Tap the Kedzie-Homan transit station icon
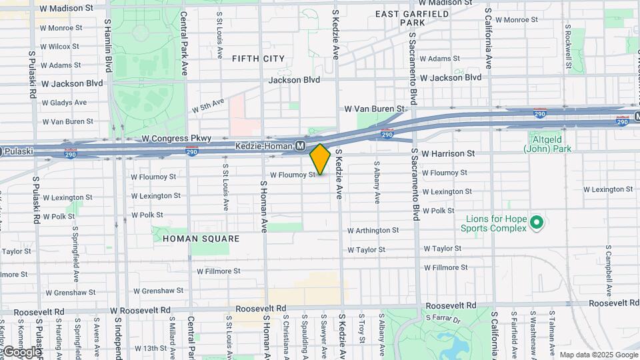pyautogui.click(x=301, y=145)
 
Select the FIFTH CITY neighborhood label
pyautogui.click(x=259, y=59)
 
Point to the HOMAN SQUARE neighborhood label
pyautogui.click(x=191, y=238)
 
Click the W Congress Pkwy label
pyautogui.click(x=177, y=139)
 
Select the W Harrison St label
pyautogui.click(x=447, y=153)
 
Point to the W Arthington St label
pyautogui.click(x=373, y=230)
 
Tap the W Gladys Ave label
pyautogui.click(x=64, y=103)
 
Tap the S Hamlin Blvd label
pyautogui.click(x=108, y=45)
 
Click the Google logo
pyautogui.click(x=21, y=351)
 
